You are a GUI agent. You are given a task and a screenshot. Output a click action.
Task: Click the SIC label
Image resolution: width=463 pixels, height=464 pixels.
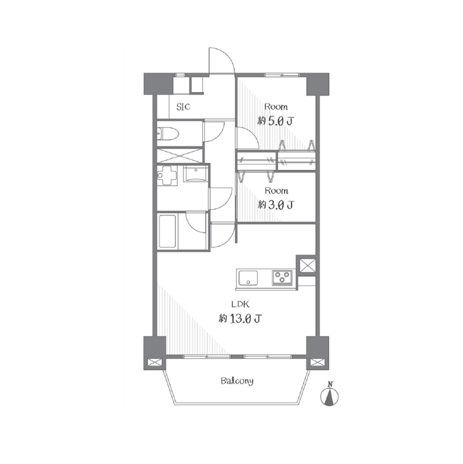[x=183, y=107]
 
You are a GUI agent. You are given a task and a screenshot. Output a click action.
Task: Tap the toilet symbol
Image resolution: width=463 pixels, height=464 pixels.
[x=167, y=133]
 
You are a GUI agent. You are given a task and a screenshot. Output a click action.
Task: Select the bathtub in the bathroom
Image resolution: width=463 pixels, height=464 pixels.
[x=167, y=231]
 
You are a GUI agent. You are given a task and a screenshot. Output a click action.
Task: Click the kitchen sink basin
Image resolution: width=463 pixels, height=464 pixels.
[x=248, y=278]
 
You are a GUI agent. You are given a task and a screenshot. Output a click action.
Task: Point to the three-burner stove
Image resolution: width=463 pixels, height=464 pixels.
[x=282, y=278]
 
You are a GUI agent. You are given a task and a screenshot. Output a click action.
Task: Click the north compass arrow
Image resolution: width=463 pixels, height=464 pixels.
[x=330, y=397]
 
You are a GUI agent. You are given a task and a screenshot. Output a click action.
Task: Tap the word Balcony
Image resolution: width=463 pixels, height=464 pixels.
[x=237, y=381]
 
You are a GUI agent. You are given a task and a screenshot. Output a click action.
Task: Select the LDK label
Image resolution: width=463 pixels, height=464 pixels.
[x=240, y=304]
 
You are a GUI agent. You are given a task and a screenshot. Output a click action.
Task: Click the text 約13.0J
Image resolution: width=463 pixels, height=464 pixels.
[x=240, y=318]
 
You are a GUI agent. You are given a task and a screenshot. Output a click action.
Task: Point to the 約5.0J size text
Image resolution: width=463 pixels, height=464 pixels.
[x=276, y=121]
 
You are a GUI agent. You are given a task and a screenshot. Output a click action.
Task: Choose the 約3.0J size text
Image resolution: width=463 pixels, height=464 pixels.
[x=276, y=205]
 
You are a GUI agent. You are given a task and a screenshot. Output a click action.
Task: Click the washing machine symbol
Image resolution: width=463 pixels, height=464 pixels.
[x=167, y=176]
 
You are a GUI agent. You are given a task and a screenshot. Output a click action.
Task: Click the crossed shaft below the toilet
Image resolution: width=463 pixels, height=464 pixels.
[x=180, y=155]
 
